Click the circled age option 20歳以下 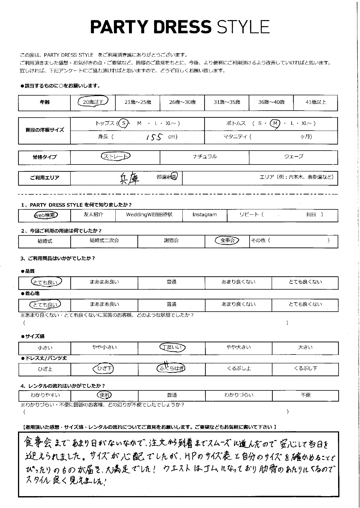(x=93, y=102)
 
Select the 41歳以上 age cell (x=315, y=102)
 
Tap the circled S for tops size (x=124, y=123)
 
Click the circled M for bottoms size (x=275, y=124)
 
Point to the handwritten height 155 (x=154, y=137)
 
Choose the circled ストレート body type (x=115, y=157)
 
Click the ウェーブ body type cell (x=293, y=157)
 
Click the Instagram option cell (x=205, y=215)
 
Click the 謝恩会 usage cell (x=171, y=241)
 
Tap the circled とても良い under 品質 (x=46, y=282)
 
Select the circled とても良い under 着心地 (x=46, y=304)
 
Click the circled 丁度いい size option (x=172, y=347)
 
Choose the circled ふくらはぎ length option (x=171, y=368)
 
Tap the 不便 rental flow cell (x=305, y=395)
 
